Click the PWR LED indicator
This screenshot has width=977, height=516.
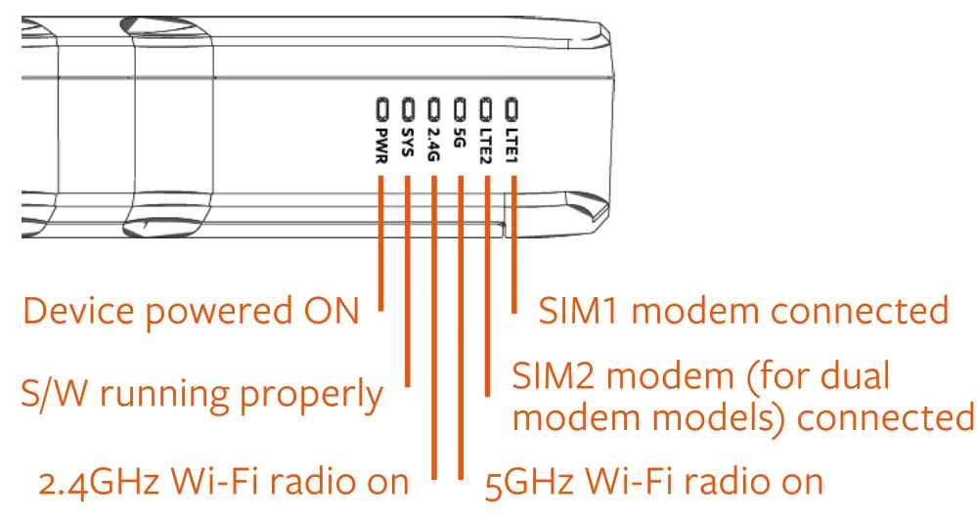[382, 106]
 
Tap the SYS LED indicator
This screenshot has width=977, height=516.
[409, 106]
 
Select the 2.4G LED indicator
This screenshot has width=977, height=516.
[435, 106]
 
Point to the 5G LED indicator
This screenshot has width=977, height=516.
[461, 106]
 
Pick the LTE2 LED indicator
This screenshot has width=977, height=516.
[487, 106]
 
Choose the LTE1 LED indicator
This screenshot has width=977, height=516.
[512, 106]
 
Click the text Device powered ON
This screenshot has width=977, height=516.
[191, 312]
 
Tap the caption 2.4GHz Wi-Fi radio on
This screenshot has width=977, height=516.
[224, 481]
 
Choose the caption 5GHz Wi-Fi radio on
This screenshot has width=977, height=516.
[654, 481]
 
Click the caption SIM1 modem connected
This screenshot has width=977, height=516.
[743, 311]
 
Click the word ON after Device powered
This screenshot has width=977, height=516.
[327, 312]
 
